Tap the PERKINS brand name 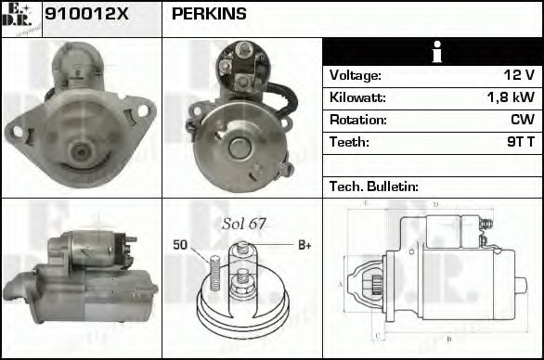tap(210, 15)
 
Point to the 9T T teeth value tap(516, 143)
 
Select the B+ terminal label tap(303, 245)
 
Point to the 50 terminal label tap(180, 245)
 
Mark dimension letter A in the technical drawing tap(341, 283)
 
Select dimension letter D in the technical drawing tap(435, 204)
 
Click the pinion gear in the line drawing tap(378, 282)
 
